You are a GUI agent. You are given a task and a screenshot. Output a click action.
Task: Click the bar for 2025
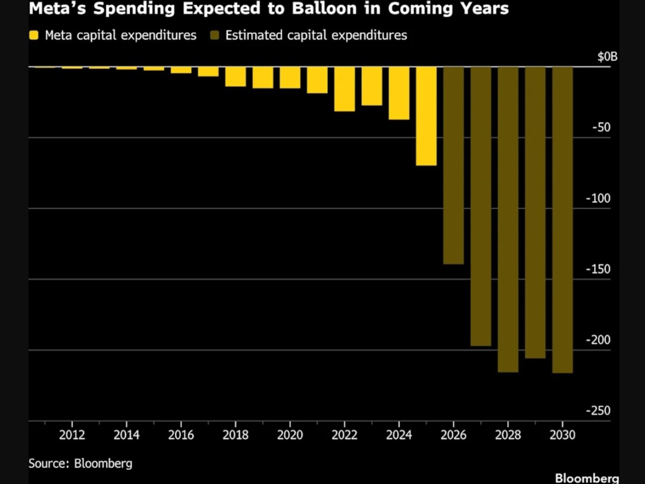tap(426, 116)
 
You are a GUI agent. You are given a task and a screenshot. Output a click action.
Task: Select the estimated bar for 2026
tap(454, 165)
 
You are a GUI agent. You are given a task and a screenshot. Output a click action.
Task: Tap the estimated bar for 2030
tap(562, 220)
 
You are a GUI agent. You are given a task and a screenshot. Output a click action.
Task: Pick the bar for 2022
tap(345, 89)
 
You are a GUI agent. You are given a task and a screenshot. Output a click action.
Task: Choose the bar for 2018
tap(235, 77)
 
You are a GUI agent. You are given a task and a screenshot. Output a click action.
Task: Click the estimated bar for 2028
tap(508, 219)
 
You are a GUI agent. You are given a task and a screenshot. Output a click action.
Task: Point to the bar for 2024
tap(399, 93)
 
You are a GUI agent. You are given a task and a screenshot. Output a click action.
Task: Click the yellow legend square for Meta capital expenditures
tap(34, 35)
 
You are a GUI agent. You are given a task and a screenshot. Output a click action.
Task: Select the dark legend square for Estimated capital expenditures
tap(215, 35)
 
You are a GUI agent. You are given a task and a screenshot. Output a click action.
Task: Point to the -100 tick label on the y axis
tap(598, 199)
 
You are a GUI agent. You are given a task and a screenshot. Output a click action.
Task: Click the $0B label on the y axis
tap(607, 57)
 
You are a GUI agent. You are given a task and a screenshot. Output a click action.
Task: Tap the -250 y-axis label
tap(598, 410)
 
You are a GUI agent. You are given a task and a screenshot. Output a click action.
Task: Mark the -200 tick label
tap(598, 340)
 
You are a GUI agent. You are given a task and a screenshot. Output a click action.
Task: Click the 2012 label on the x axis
tap(72, 435)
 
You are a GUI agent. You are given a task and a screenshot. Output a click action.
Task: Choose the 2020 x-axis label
tap(290, 435)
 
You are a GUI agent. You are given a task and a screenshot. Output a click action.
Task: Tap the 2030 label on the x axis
tap(562, 435)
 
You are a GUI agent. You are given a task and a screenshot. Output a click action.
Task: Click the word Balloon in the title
tap(324, 8)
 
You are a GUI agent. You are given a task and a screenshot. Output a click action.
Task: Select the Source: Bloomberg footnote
tap(80, 464)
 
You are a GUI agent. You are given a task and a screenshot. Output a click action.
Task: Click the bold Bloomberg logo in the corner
tap(587, 478)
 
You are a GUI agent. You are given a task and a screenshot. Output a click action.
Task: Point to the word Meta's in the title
tap(58, 8)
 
